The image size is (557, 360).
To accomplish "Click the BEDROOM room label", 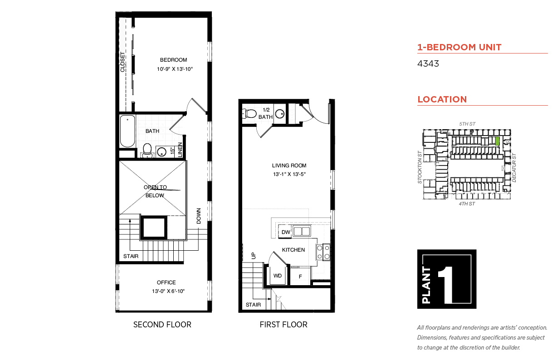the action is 173,60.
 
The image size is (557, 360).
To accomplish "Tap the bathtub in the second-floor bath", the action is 127,131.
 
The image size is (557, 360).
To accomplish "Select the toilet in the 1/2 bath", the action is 249,114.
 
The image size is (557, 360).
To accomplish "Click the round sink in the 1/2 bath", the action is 280,114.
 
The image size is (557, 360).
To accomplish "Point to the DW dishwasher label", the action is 286,232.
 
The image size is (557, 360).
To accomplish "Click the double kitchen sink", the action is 302,231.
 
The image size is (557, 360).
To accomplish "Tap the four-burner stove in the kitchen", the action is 323,252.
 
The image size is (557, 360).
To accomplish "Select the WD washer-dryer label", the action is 278,276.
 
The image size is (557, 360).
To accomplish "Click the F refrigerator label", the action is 300,277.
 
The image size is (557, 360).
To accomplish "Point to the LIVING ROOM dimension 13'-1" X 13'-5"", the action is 289,174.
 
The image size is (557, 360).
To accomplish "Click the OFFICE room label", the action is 166,282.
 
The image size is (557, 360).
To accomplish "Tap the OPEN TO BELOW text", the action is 155,191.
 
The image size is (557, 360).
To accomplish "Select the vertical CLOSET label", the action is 122,62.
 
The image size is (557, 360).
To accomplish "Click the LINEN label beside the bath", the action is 180,150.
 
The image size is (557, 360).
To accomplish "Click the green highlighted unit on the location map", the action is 497,141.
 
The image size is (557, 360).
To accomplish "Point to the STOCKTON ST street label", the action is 420,167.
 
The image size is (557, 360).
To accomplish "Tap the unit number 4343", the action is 428,63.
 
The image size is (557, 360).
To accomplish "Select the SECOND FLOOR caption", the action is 162,325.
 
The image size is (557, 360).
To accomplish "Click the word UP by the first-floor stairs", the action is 254,256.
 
